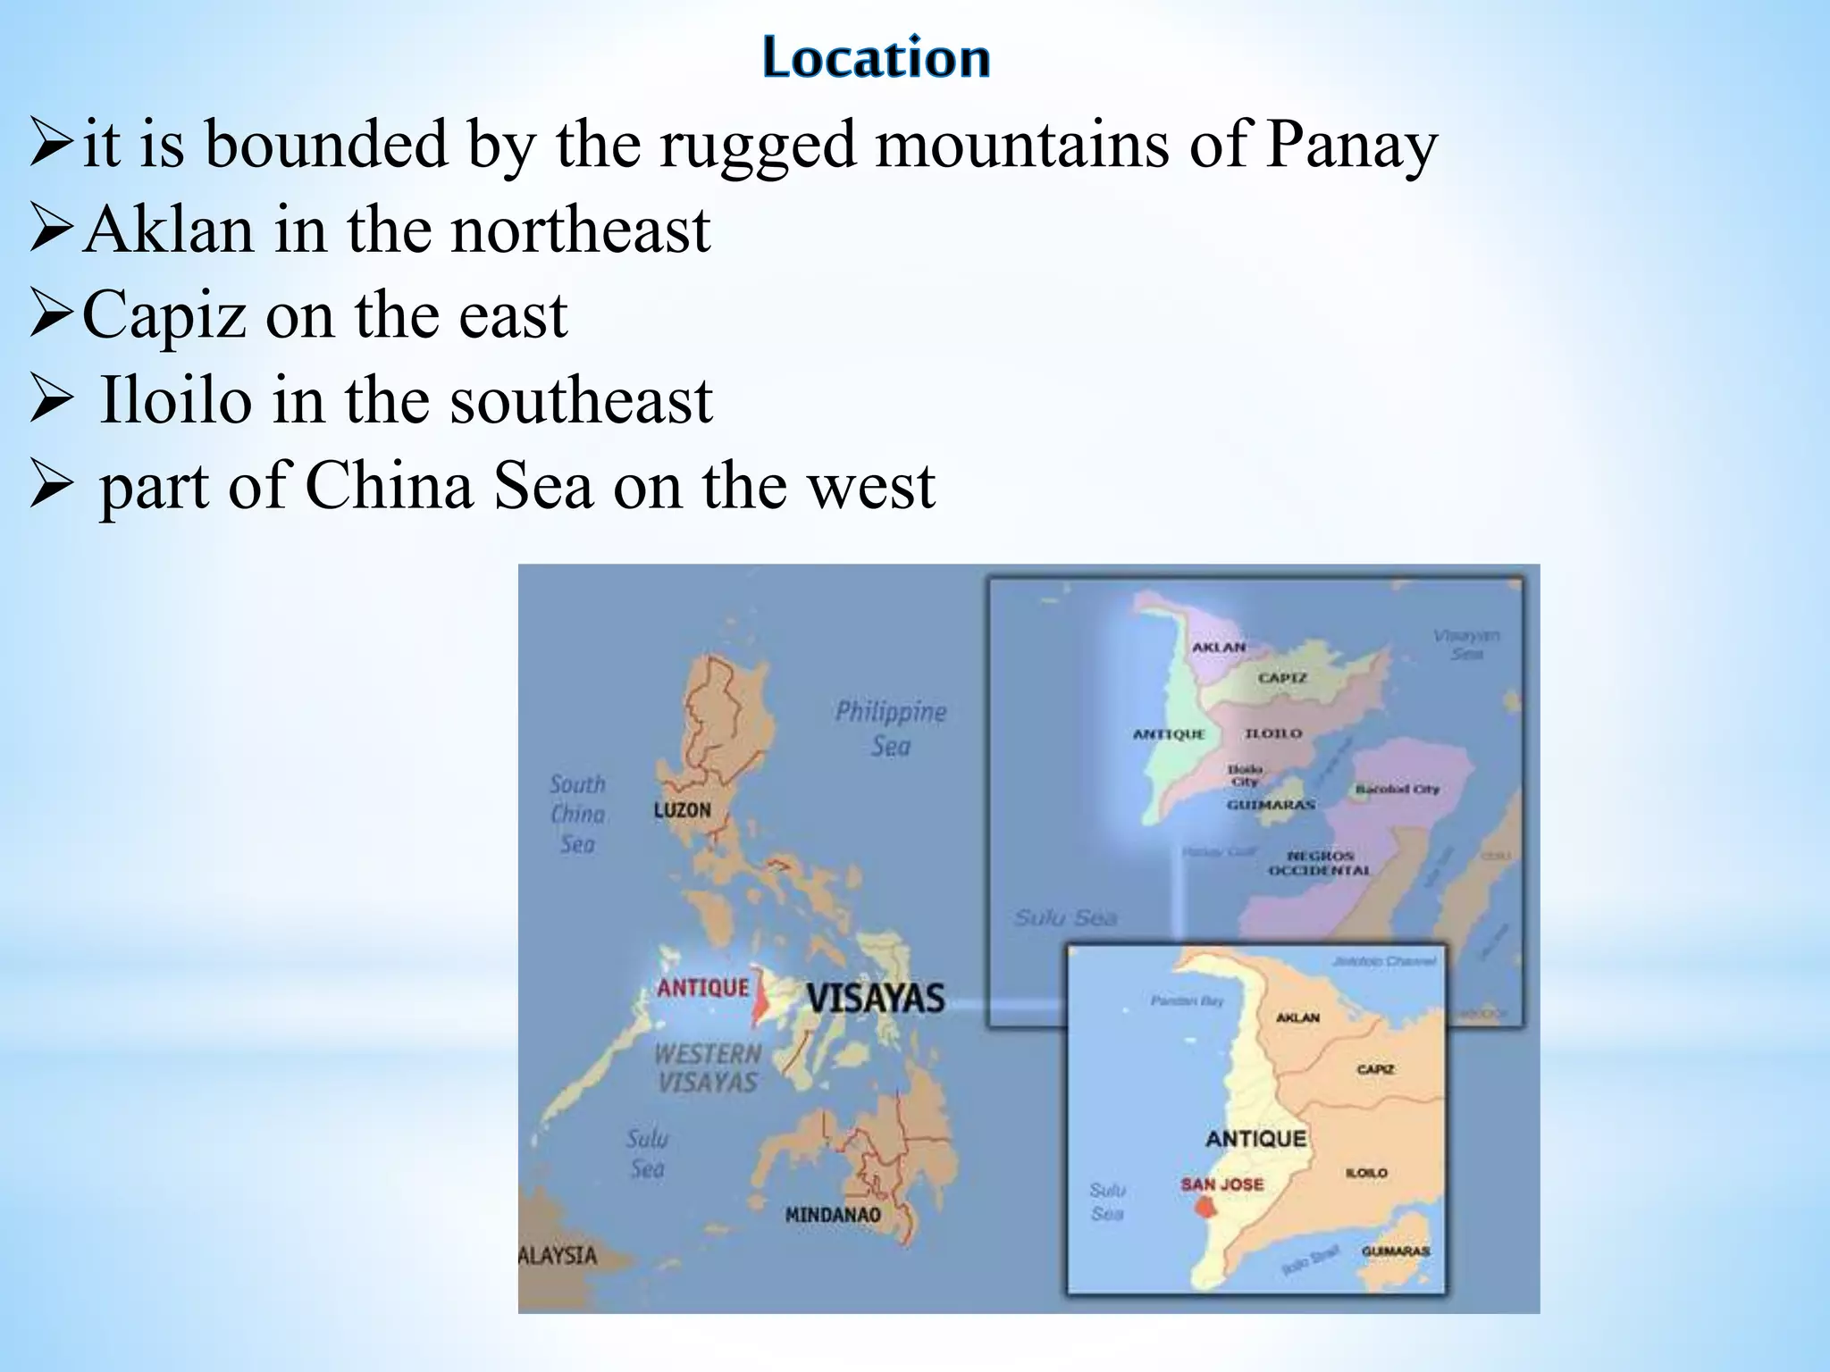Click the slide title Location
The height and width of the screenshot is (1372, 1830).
point(877,58)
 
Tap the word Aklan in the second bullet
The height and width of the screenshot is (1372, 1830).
point(169,230)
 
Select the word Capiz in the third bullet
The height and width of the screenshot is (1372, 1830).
point(164,315)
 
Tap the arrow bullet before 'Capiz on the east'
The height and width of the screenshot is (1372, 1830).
point(50,315)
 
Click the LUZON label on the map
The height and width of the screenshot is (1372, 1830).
point(682,810)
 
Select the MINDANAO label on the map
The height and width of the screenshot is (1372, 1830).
point(833,1215)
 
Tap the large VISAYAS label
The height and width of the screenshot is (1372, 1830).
point(875,998)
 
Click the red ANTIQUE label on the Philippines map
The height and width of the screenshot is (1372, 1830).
point(703,988)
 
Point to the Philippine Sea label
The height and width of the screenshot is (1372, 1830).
point(890,728)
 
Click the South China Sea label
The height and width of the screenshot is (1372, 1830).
point(577,814)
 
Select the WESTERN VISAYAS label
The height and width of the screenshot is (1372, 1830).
point(707,1067)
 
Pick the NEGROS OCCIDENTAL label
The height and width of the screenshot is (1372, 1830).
point(1320,863)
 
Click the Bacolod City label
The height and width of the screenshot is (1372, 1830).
point(1397,790)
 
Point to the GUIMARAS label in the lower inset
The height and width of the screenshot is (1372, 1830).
point(1396,1251)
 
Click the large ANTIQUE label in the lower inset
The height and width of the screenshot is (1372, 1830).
point(1255,1138)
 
